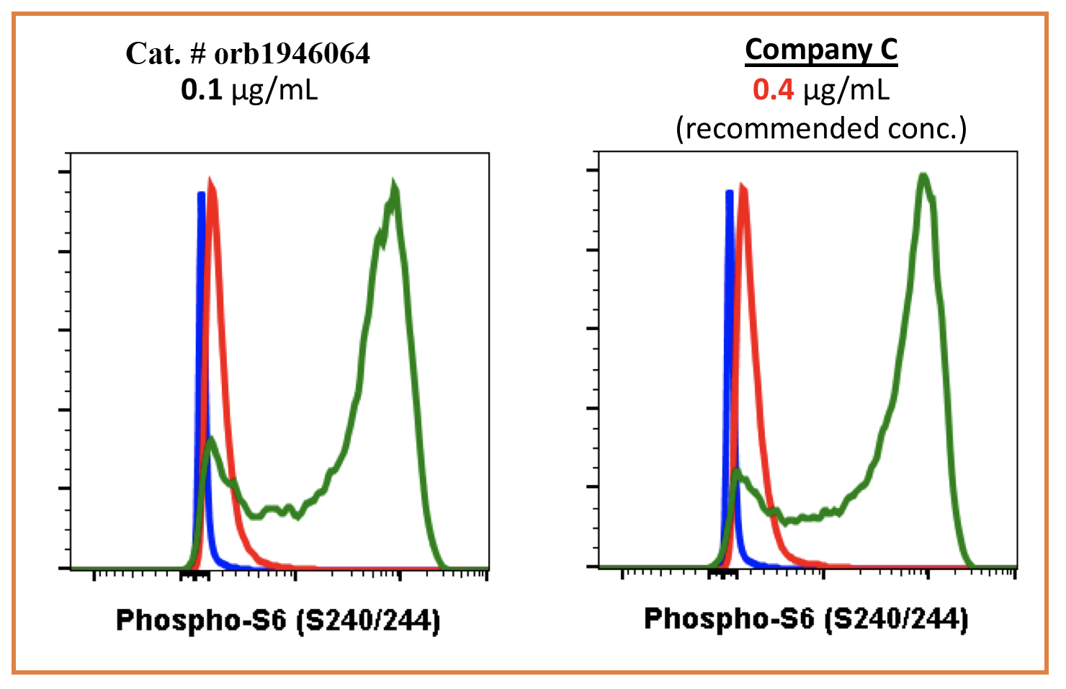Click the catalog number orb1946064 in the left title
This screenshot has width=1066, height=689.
292,53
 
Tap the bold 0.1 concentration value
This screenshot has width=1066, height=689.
201,90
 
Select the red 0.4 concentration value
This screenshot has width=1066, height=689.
773,90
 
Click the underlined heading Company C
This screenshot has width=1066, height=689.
821,50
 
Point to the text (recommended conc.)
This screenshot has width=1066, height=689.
821,128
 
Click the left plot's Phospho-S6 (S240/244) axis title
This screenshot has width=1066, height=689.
278,620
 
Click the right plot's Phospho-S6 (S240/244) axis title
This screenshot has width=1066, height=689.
806,618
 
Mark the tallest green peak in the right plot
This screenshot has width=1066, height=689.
923,176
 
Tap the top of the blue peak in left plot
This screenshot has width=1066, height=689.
200,194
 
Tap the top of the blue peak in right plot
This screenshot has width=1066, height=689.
729,192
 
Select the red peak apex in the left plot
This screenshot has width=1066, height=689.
210,180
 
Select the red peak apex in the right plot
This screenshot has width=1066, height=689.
743,188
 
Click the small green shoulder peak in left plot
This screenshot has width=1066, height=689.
210,440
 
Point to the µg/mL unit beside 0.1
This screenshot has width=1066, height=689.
274,90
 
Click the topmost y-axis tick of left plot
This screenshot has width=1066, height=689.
64,172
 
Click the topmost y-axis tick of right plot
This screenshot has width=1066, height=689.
593,170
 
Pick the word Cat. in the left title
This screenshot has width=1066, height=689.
152,53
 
